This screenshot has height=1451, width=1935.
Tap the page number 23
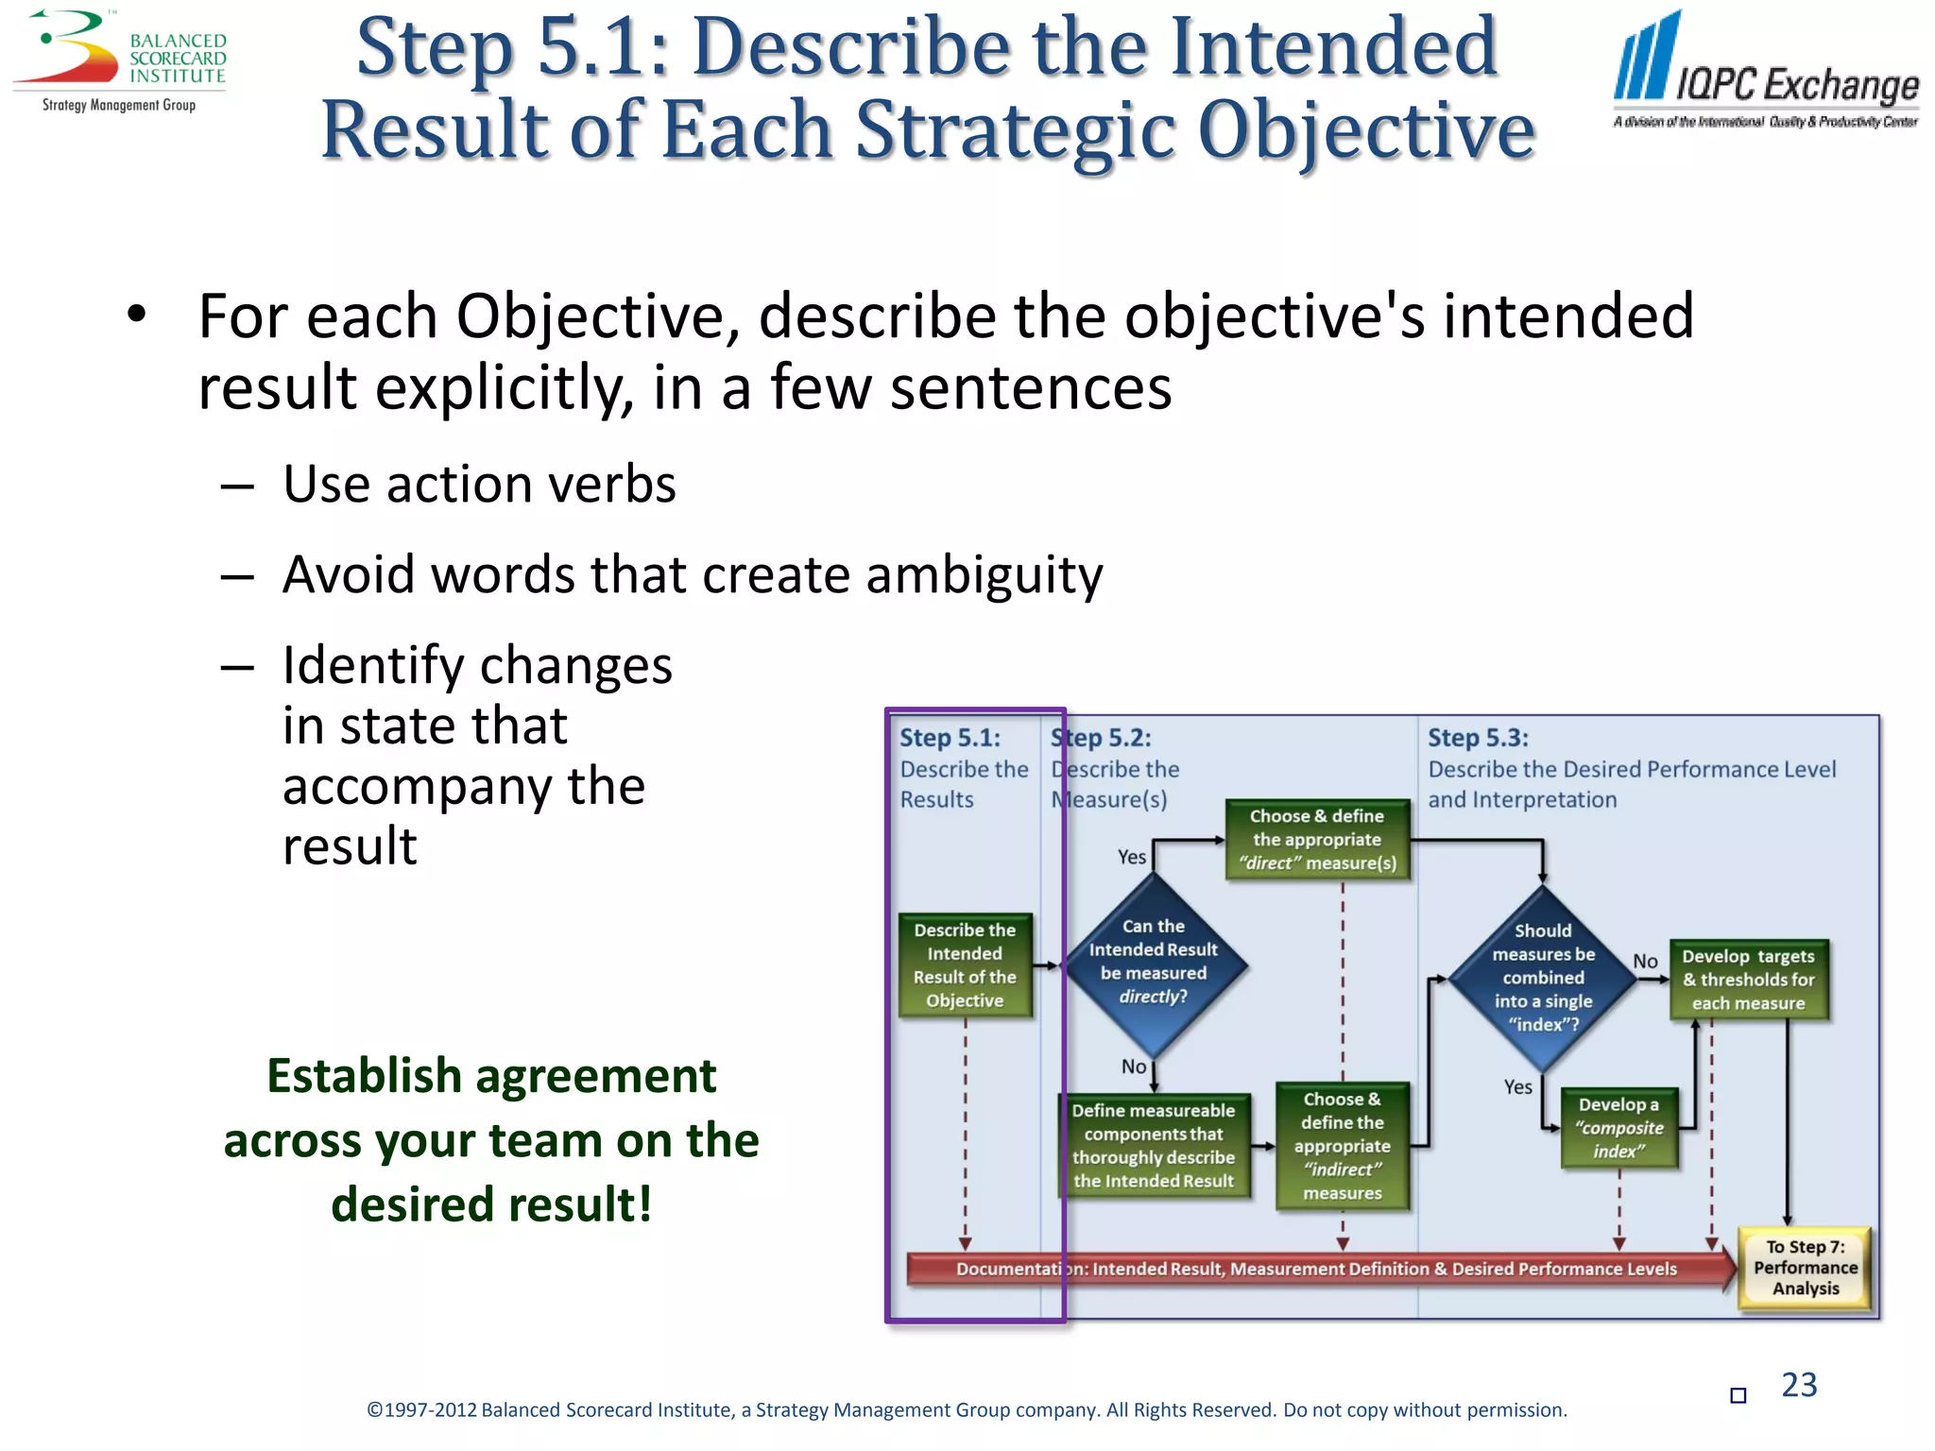click(x=1799, y=1385)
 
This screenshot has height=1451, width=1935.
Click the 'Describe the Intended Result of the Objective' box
click(x=965, y=965)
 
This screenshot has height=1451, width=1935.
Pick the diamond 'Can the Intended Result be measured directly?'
click(x=1153, y=963)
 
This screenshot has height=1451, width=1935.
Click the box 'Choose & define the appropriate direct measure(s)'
click(x=1317, y=840)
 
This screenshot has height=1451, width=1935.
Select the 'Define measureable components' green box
click(x=1153, y=1146)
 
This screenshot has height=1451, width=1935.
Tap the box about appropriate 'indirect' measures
click(x=1342, y=1146)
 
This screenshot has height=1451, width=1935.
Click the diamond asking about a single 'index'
click(x=1543, y=978)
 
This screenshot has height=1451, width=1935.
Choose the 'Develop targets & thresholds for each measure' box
click(x=1748, y=980)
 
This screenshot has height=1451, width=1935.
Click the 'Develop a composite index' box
click(x=1618, y=1128)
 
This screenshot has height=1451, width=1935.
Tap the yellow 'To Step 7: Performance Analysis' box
click(x=1805, y=1268)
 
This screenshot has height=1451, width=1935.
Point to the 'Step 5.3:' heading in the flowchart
click(x=1478, y=738)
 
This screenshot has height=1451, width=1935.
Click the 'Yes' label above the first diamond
click(x=1131, y=857)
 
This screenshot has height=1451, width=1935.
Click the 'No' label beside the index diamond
click(x=1645, y=961)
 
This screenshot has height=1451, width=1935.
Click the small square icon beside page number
click(x=1738, y=1395)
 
